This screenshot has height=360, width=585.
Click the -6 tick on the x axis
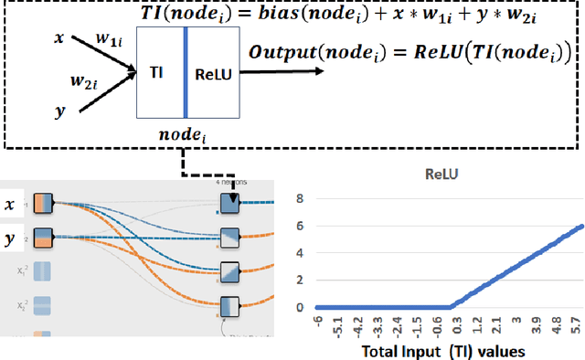pyautogui.click(x=316, y=321)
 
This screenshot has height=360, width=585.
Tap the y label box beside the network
pyautogui.click(x=12, y=239)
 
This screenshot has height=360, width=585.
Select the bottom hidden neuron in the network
pyautogui.click(x=228, y=305)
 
